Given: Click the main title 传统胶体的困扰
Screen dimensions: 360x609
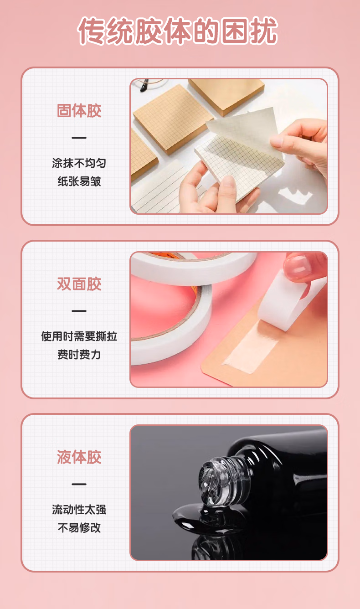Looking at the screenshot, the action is click(x=177, y=31).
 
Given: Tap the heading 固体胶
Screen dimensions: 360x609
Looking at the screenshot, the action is click(x=79, y=111).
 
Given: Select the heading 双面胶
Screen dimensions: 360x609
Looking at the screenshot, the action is click(x=79, y=284).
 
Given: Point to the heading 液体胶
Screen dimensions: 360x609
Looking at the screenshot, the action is click(x=79, y=457).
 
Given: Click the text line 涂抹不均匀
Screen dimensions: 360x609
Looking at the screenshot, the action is click(x=79, y=163).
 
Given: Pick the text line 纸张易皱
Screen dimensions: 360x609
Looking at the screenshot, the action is click(x=79, y=181).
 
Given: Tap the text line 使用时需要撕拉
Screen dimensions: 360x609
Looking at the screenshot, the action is click(x=79, y=336).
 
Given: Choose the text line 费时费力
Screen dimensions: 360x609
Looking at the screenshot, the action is click(x=79, y=355).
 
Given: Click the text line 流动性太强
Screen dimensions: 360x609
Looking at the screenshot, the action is click(x=79, y=510).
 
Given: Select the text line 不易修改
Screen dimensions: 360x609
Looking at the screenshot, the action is click(x=79, y=528).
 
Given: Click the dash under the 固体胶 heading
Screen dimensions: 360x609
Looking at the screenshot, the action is click(x=79, y=138).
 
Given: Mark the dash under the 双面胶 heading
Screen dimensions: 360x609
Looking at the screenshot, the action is click(x=79, y=311).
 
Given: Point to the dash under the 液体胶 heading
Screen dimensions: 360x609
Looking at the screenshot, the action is click(x=79, y=484).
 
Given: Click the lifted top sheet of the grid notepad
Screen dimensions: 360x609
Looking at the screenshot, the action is click(x=245, y=128).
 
